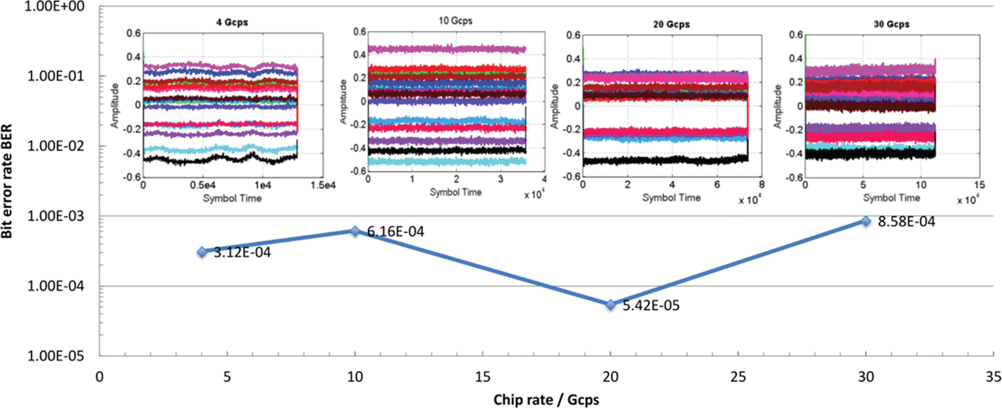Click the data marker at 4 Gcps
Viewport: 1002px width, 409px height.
click(x=202, y=252)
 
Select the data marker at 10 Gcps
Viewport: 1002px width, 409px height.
click(x=355, y=231)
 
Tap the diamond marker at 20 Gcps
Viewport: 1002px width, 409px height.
click(x=611, y=305)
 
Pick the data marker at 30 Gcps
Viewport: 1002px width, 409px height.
click(x=866, y=221)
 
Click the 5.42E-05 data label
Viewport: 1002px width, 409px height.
click(x=651, y=305)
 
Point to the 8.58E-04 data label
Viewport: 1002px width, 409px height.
click(x=907, y=222)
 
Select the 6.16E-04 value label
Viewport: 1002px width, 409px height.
click(x=396, y=232)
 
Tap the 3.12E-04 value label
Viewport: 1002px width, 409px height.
click(x=242, y=253)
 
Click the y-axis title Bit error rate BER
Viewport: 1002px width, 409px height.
click(x=7, y=181)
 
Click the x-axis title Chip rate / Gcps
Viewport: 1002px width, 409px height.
click(x=546, y=400)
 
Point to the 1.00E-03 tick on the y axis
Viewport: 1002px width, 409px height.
click(x=56, y=216)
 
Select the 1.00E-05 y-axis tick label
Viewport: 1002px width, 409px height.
click(x=56, y=356)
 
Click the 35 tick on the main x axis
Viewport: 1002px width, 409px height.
click(x=994, y=377)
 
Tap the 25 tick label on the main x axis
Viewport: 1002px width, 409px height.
click(x=738, y=377)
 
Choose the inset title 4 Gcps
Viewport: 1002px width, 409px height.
click(x=232, y=22)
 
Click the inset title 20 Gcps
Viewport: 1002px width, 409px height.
click(x=671, y=24)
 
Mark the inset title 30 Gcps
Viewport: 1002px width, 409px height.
click(x=892, y=24)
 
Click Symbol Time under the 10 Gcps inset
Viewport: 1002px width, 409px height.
click(x=456, y=192)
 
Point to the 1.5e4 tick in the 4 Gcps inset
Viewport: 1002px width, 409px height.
click(x=323, y=185)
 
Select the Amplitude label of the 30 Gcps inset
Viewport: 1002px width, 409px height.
click(x=777, y=107)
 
